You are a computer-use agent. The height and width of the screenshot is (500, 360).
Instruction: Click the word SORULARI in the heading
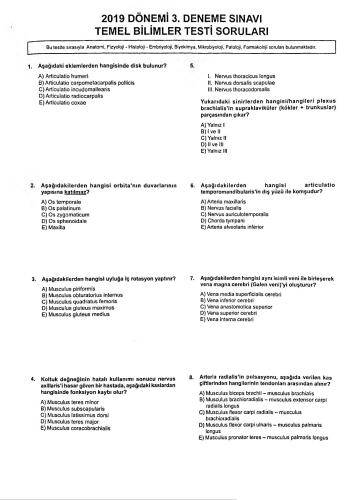coord(232,31)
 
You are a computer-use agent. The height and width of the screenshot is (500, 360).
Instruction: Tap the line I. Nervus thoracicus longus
coord(241,75)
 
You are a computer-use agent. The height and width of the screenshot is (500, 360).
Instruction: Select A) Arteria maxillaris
coord(228,202)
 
